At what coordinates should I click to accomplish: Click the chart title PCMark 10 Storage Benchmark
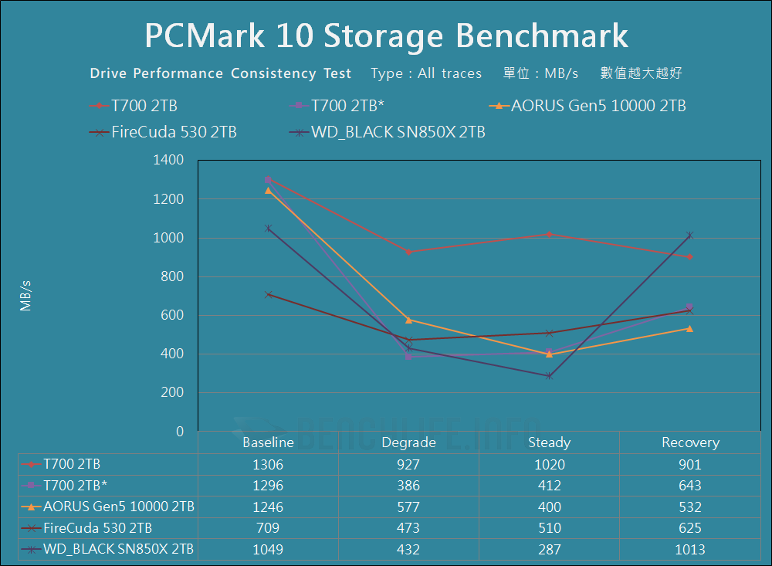click(386, 36)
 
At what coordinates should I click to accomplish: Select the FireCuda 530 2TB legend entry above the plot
click(174, 132)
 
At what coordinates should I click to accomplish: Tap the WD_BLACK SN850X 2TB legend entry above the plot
click(398, 132)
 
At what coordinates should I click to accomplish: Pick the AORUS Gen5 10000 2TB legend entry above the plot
click(598, 106)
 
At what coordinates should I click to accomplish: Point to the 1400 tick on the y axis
click(170, 161)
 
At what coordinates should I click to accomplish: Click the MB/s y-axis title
click(26, 297)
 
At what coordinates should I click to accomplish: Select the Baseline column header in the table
click(268, 442)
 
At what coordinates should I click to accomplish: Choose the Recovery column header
click(690, 442)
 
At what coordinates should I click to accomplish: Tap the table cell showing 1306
click(268, 464)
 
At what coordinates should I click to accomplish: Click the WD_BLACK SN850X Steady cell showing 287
click(549, 550)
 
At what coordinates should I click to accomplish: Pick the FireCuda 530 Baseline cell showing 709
click(268, 528)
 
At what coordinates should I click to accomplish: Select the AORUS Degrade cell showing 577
click(408, 507)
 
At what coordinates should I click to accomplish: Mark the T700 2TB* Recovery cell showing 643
click(690, 486)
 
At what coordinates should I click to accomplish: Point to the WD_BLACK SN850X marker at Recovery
click(690, 236)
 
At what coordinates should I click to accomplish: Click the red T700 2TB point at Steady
click(549, 234)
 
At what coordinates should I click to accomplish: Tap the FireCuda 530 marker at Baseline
click(268, 294)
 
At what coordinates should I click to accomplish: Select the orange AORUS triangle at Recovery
click(690, 328)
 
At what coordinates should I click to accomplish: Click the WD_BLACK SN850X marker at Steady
click(549, 376)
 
